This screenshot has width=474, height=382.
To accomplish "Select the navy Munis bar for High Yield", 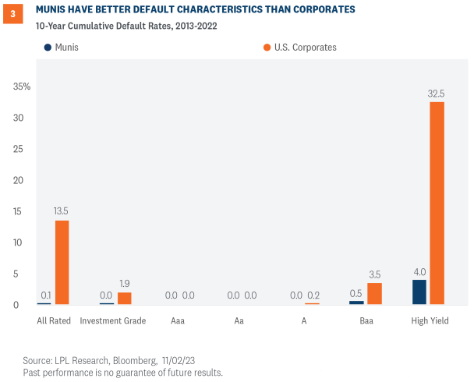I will (x=419, y=292).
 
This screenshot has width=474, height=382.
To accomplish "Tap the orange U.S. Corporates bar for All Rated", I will (x=62, y=262).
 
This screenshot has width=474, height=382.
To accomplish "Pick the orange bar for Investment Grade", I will (x=125, y=298).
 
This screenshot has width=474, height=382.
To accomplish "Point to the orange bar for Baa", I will (x=375, y=293).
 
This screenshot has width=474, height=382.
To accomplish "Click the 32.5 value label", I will (x=437, y=94).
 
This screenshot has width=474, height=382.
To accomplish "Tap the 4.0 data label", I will (x=419, y=271).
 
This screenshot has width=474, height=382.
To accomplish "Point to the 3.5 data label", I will (x=375, y=274).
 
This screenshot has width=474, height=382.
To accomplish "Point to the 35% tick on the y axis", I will (x=22, y=87).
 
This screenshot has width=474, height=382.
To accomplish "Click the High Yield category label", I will (x=430, y=320).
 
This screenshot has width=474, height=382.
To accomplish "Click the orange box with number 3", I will (x=12, y=13).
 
